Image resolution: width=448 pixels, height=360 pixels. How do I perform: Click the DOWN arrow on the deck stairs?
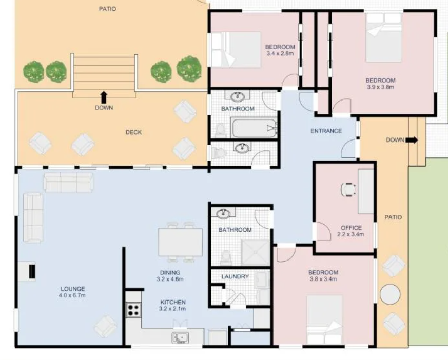104,97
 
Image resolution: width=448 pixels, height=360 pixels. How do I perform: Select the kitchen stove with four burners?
133,310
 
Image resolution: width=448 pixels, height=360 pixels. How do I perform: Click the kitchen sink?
180,338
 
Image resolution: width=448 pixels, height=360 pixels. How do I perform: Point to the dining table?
180,242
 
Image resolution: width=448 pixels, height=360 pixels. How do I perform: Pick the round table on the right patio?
390,294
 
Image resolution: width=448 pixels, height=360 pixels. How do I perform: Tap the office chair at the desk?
348,190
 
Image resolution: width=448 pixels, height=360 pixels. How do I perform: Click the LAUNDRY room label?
235,276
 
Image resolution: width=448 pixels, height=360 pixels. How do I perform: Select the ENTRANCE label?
326,131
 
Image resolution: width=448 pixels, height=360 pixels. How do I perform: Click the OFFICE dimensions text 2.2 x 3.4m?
350,234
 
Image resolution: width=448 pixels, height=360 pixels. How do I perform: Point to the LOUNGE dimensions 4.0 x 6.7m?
72,295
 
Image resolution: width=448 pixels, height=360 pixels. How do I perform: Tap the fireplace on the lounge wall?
27,271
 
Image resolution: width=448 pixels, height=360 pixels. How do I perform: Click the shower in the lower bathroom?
256,252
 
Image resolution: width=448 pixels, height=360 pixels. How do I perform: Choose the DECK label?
133,132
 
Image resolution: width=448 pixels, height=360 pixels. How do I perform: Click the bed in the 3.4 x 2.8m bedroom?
236,50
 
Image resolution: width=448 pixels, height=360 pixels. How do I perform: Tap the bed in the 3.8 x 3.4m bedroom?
324,319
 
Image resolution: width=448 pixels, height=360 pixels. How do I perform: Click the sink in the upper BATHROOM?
238,96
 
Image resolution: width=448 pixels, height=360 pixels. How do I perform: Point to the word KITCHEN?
173,302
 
